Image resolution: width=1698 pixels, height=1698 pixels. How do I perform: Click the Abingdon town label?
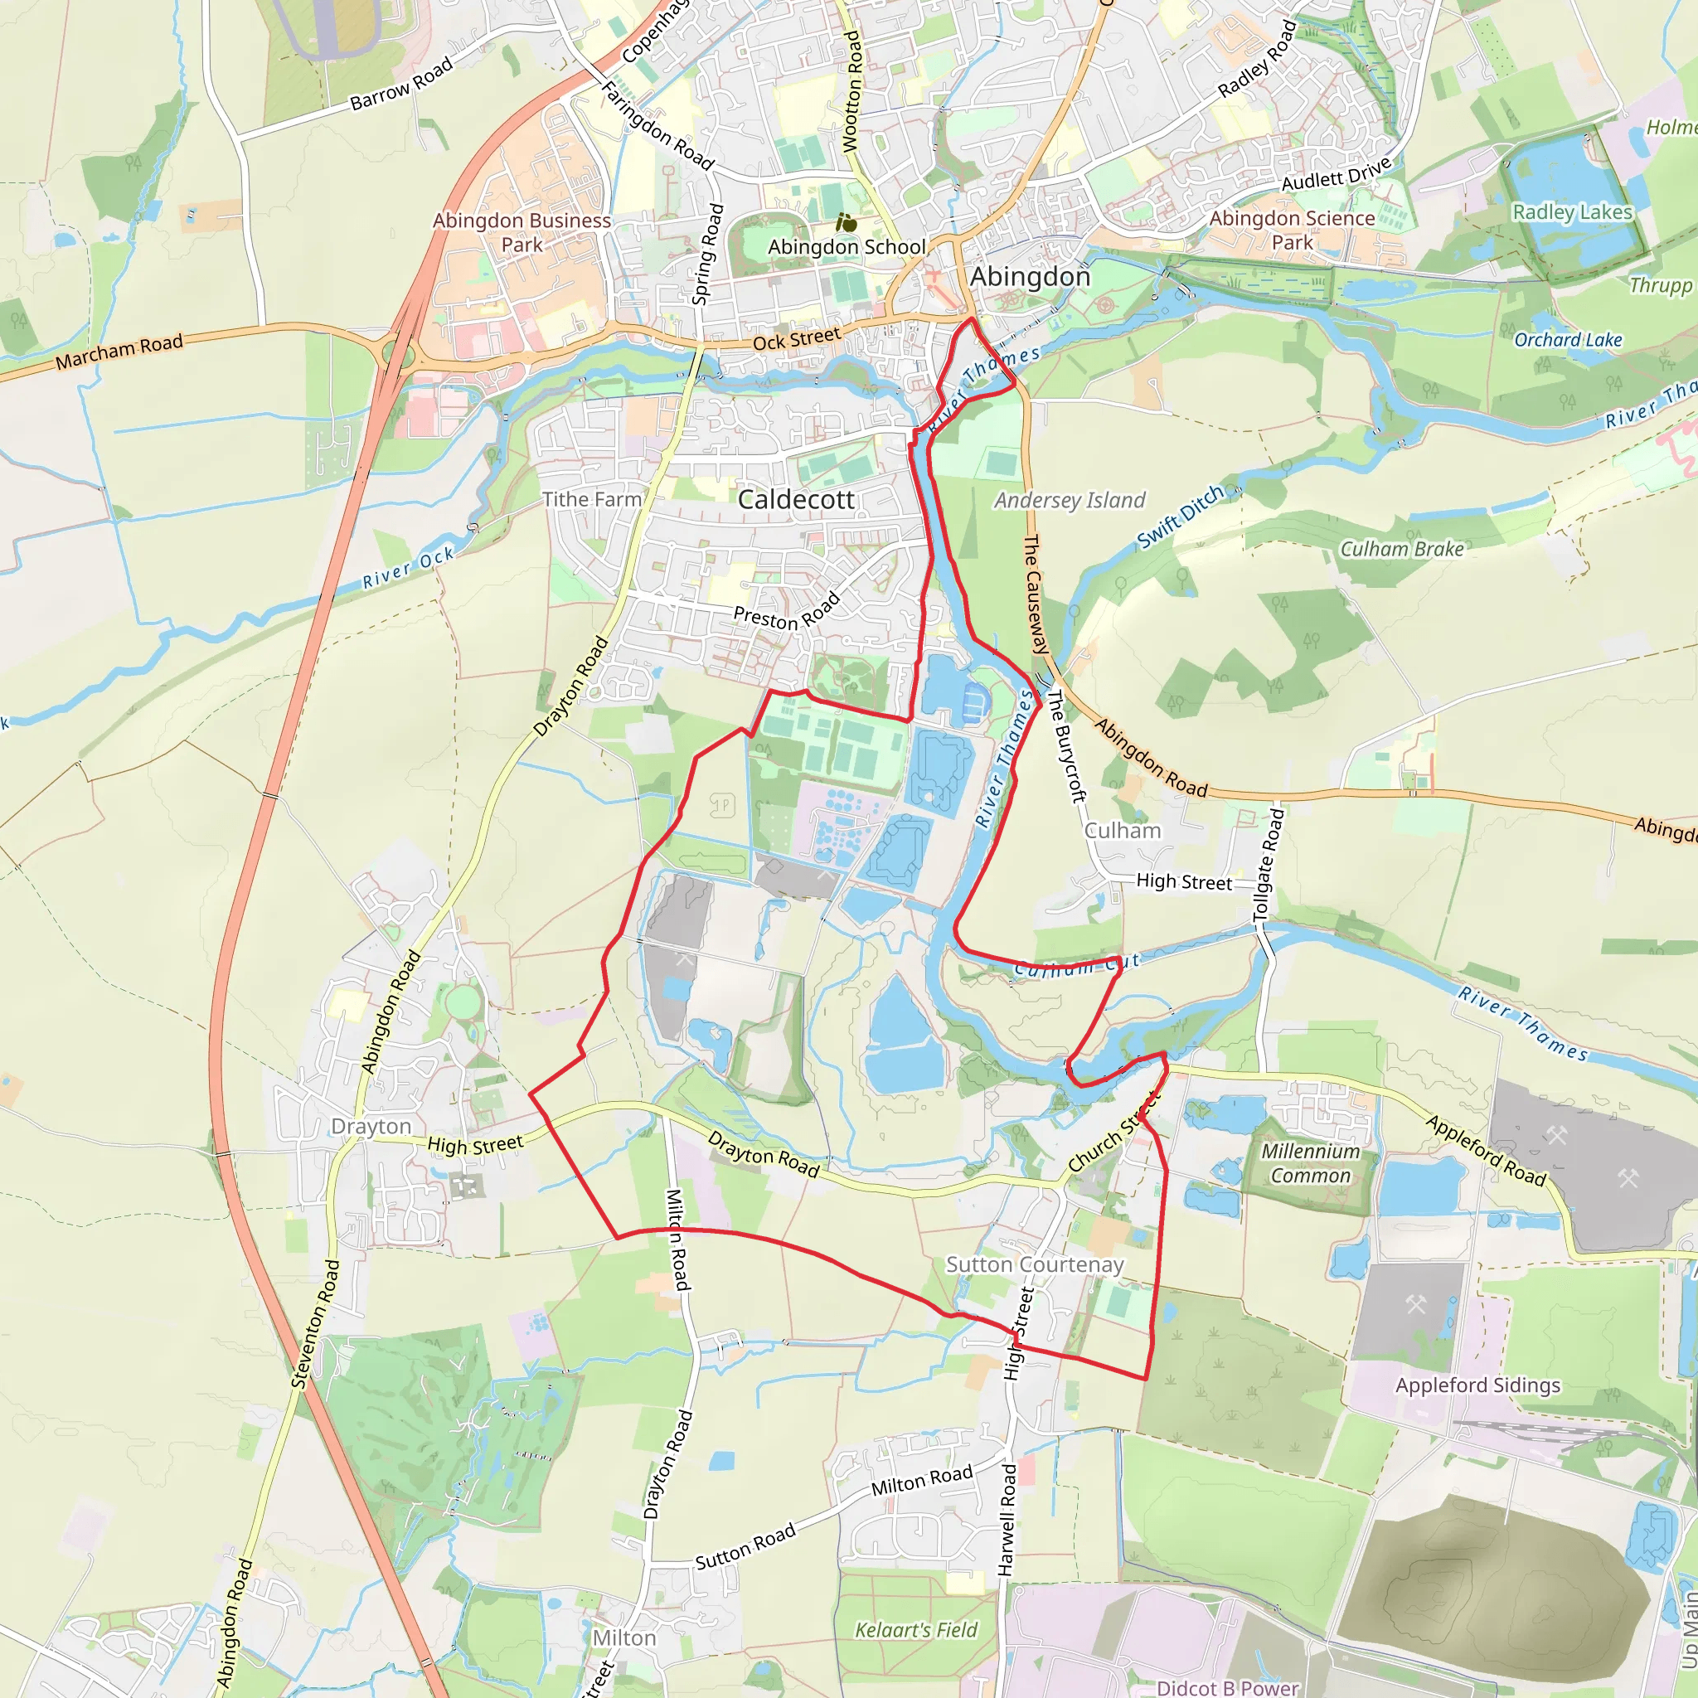click(x=1029, y=277)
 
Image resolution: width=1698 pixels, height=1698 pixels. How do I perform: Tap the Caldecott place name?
click(x=795, y=499)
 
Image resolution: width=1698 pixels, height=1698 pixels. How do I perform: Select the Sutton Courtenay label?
click(x=1035, y=1264)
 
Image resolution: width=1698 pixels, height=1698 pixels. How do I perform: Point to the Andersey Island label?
click(x=1070, y=500)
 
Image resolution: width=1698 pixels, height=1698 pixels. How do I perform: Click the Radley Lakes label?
click(x=1571, y=211)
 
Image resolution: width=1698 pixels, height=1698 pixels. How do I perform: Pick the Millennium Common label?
click(x=1309, y=1162)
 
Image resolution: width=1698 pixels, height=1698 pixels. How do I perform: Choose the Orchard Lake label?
click(x=1567, y=339)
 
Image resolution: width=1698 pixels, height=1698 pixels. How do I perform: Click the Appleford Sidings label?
click(x=1477, y=1385)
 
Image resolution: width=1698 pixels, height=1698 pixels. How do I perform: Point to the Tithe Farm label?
click(x=591, y=499)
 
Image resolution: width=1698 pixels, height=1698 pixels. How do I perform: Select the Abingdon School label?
click(x=847, y=247)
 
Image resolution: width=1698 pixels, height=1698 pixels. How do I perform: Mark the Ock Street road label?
click(x=796, y=338)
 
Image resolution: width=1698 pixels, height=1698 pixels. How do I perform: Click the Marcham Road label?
click(x=119, y=352)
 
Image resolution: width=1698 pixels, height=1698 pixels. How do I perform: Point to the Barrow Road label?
click(x=400, y=85)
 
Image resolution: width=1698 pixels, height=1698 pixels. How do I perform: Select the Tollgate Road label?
click(x=1268, y=865)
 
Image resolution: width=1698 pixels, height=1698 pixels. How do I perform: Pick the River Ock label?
click(x=409, y=567)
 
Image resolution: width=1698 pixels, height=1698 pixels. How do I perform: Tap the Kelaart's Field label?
click(x=916, y=1630)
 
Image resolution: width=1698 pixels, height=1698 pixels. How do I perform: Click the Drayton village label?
click(x=370, y=1126)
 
